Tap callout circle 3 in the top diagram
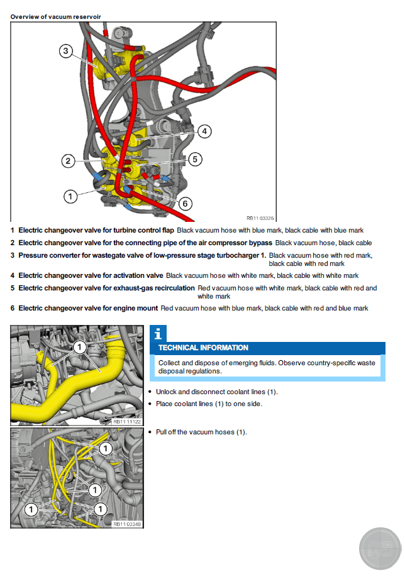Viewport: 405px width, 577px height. coord(67,51)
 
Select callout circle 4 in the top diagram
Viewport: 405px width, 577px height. coord(204,131)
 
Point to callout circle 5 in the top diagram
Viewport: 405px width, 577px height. coord(195,159)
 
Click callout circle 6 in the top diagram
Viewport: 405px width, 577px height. coord(185,203)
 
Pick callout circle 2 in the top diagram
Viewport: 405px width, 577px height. coord(69,161)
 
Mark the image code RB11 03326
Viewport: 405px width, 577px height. coord(260,217)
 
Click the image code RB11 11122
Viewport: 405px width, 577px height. coord(128,420)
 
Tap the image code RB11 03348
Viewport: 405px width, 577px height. coord(128,524)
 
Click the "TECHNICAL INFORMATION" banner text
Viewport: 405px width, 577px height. coord(203,348)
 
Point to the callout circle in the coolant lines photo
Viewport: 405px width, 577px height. coord(79,346)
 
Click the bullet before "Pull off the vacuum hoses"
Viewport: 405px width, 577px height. coord(150,432)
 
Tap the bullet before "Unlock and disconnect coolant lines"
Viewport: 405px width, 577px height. coord(150,392)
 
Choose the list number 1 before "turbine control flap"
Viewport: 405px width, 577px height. coord(13,231)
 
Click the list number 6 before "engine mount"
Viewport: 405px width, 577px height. coord(13,309)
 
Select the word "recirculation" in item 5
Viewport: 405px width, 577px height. coord(174,288)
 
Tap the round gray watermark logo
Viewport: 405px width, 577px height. coord(380,549)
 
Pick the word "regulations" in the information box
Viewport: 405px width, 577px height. coord(203,371)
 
